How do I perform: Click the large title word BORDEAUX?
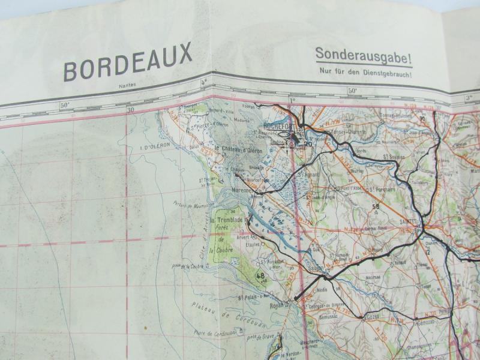[128, 61]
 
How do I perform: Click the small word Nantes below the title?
[127, 85]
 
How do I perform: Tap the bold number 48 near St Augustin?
[260, 276]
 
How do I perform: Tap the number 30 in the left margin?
[130, 109]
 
